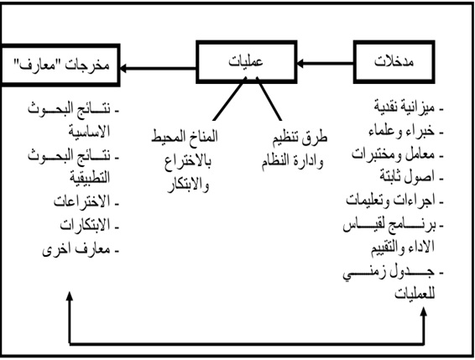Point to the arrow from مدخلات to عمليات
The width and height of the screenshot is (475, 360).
[325, 64]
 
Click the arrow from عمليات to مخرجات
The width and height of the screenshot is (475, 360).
[158, 68]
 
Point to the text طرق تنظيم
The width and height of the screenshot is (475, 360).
[300, 138]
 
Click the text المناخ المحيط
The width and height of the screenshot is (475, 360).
[185, 136]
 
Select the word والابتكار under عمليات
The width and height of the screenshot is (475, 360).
[189, 185]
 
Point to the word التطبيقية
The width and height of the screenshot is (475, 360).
[90, 178]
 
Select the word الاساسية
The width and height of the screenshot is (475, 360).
[89, 132]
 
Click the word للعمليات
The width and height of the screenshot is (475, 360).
[415, 294]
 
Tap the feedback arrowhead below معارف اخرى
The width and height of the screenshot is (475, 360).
[70, 296]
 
